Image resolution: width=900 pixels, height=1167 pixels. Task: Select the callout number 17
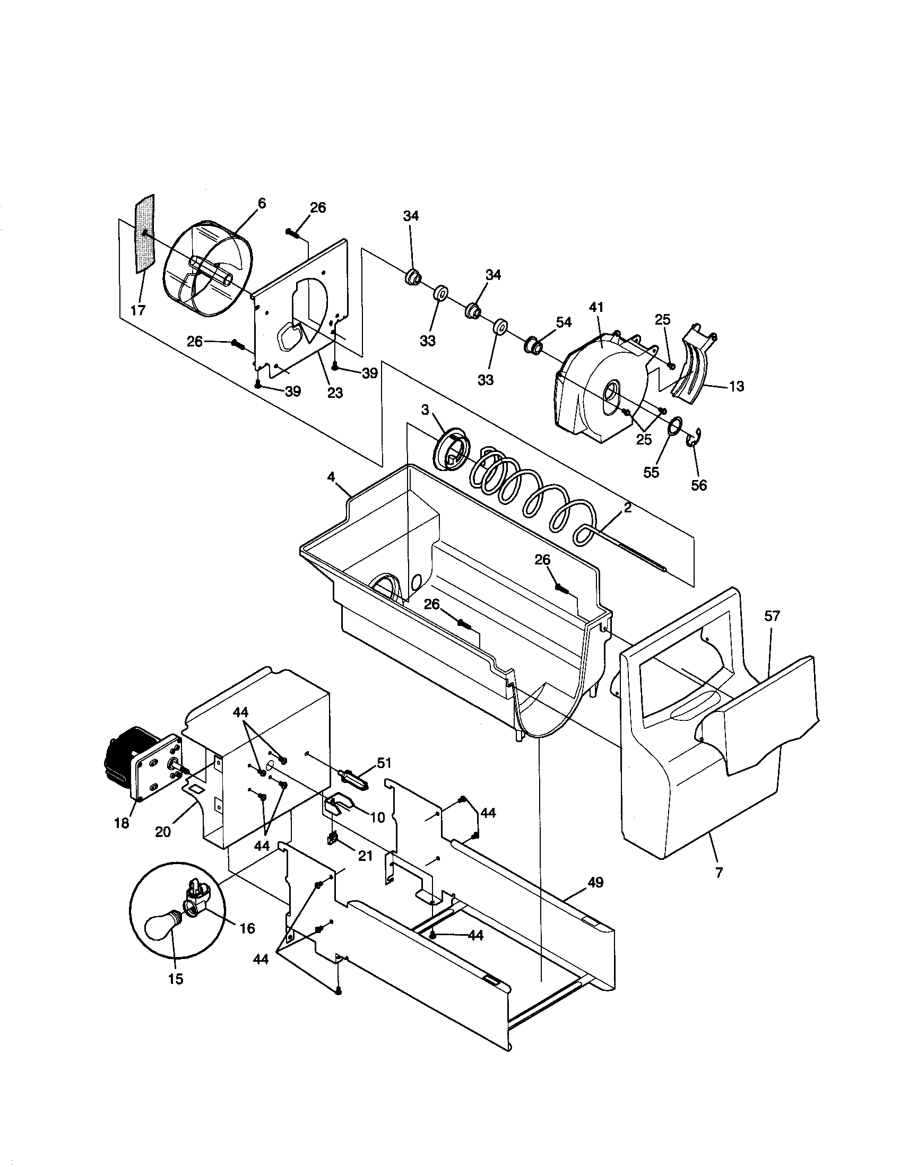[138, 310]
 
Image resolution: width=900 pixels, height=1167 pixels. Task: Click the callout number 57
[772, 616]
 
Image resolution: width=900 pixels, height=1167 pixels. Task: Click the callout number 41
[596, 307]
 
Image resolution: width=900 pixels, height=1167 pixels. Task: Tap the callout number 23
[334, 393]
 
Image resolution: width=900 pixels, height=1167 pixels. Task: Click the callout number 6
[261, 204]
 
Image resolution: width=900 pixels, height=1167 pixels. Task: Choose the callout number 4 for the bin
[331, 476]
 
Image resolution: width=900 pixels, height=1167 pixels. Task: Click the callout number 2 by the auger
[627, 508]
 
